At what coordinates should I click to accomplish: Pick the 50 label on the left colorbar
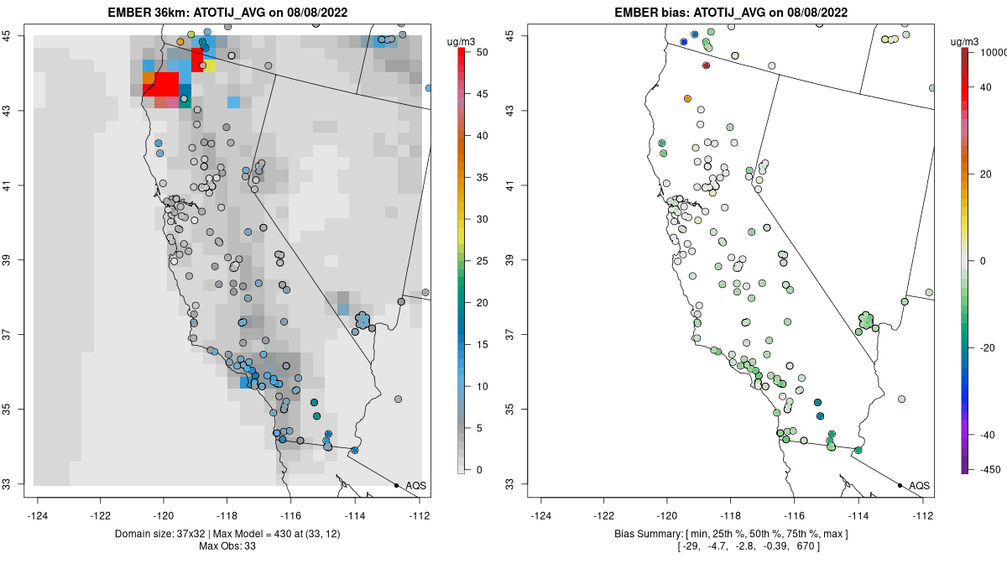[482, 52]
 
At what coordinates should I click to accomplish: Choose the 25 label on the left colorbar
[482, 260]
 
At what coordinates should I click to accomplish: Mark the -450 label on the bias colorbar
[987, 469]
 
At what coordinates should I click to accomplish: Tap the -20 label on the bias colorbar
[985, 347]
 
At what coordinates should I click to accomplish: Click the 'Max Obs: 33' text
[227, 546]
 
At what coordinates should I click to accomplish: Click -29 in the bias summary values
[689, 546]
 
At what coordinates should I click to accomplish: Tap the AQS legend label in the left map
[415, 486]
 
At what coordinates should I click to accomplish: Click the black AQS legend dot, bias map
[900, 485]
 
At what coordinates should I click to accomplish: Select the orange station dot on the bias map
[688, 99]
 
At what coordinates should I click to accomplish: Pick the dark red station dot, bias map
[707, 65]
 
